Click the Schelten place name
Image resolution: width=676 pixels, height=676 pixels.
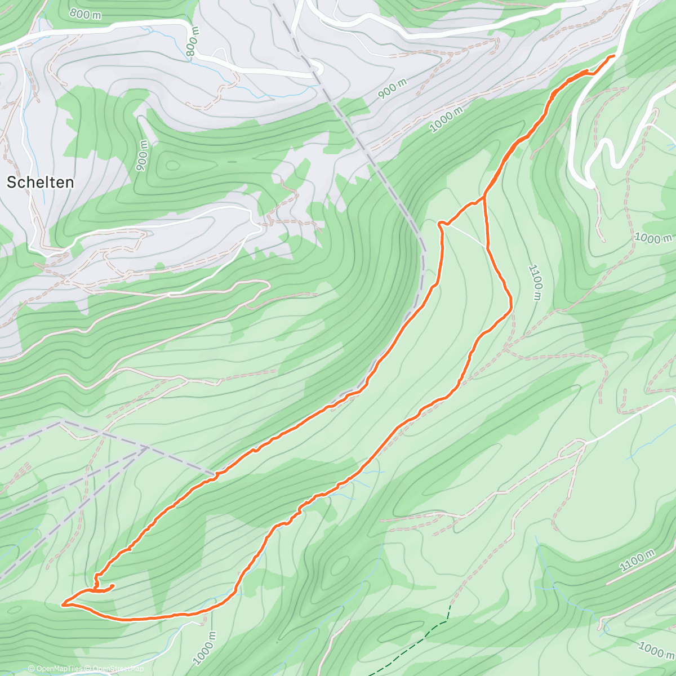tap(40, 182)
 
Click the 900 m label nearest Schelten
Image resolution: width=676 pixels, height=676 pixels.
tap(142, 155)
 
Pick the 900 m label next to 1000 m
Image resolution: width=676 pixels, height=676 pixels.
tap(393, 89)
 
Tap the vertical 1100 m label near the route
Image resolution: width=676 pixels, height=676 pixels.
tap(536, 282)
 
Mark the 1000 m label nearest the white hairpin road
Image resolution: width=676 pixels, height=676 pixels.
tap(653, 238)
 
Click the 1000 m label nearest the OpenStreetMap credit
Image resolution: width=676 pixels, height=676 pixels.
tap(204, 648)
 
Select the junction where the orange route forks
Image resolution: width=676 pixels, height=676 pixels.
tap(484, 198)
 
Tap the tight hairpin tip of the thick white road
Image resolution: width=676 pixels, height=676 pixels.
tap(590, 184)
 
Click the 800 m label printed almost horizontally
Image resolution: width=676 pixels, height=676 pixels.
tap(86, 14)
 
